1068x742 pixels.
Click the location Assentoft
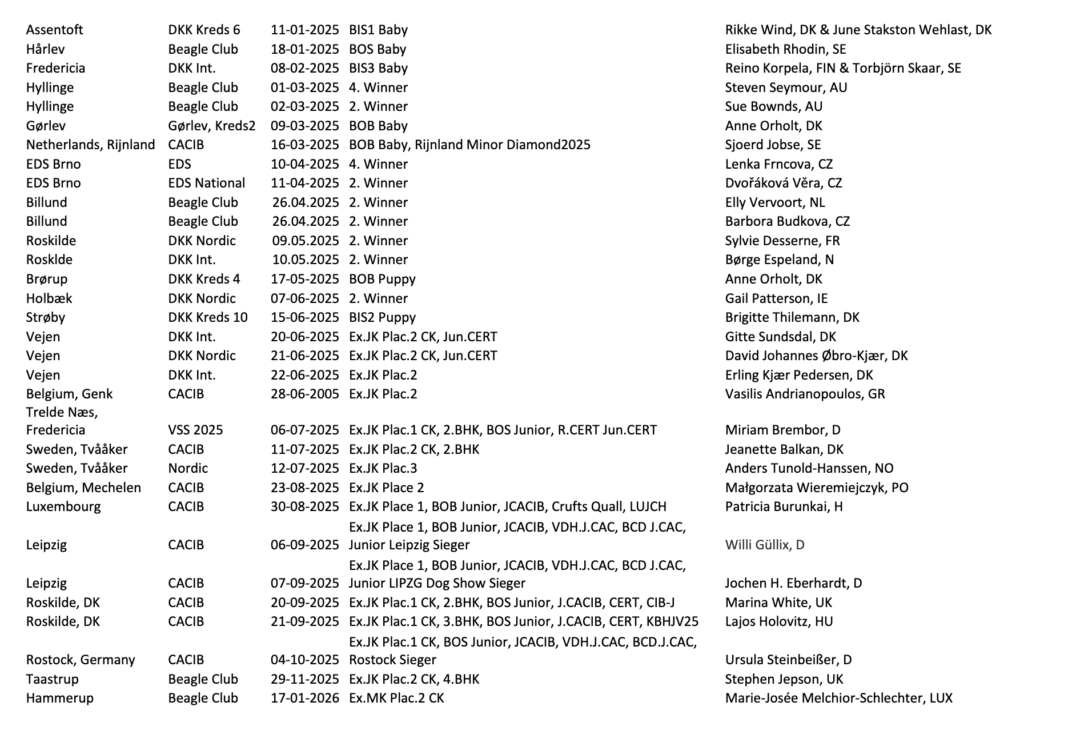[54, 30]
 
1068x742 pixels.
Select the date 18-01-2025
[304, 49]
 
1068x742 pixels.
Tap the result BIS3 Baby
[378, 68]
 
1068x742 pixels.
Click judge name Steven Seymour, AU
[786, 87]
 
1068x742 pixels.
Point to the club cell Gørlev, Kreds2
[211, 126]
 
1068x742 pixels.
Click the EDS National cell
[206, 183]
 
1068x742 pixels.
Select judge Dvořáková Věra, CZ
[783, 183]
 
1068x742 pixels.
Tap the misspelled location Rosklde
[49, 260]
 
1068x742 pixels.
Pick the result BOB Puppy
[382, 279]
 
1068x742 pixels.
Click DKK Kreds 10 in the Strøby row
[208, 317]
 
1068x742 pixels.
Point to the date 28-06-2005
[304, 394]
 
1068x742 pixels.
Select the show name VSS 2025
[195, 430]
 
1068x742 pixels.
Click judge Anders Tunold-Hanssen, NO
[809, 468]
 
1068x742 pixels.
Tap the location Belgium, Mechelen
[83, 488]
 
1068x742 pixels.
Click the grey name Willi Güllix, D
[764, 545]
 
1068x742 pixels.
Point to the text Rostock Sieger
[392, 660]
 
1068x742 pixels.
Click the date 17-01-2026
[304, 698]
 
